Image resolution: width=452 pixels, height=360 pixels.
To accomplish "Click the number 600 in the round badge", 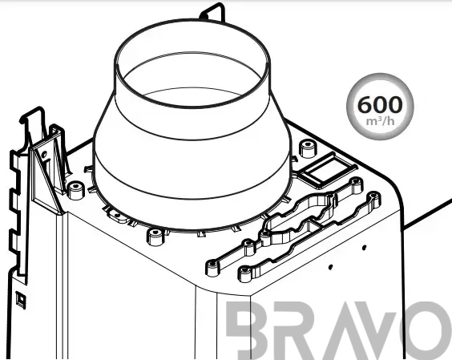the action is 380,104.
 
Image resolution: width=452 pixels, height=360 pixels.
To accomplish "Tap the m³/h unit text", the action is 380,121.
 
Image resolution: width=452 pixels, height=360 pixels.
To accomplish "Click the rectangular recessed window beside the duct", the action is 327,170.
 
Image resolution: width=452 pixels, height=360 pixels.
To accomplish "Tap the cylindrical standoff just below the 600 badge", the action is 309,148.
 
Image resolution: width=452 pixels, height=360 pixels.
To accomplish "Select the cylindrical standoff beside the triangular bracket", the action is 75,190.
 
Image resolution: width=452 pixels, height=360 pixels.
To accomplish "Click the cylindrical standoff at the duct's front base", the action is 155,237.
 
